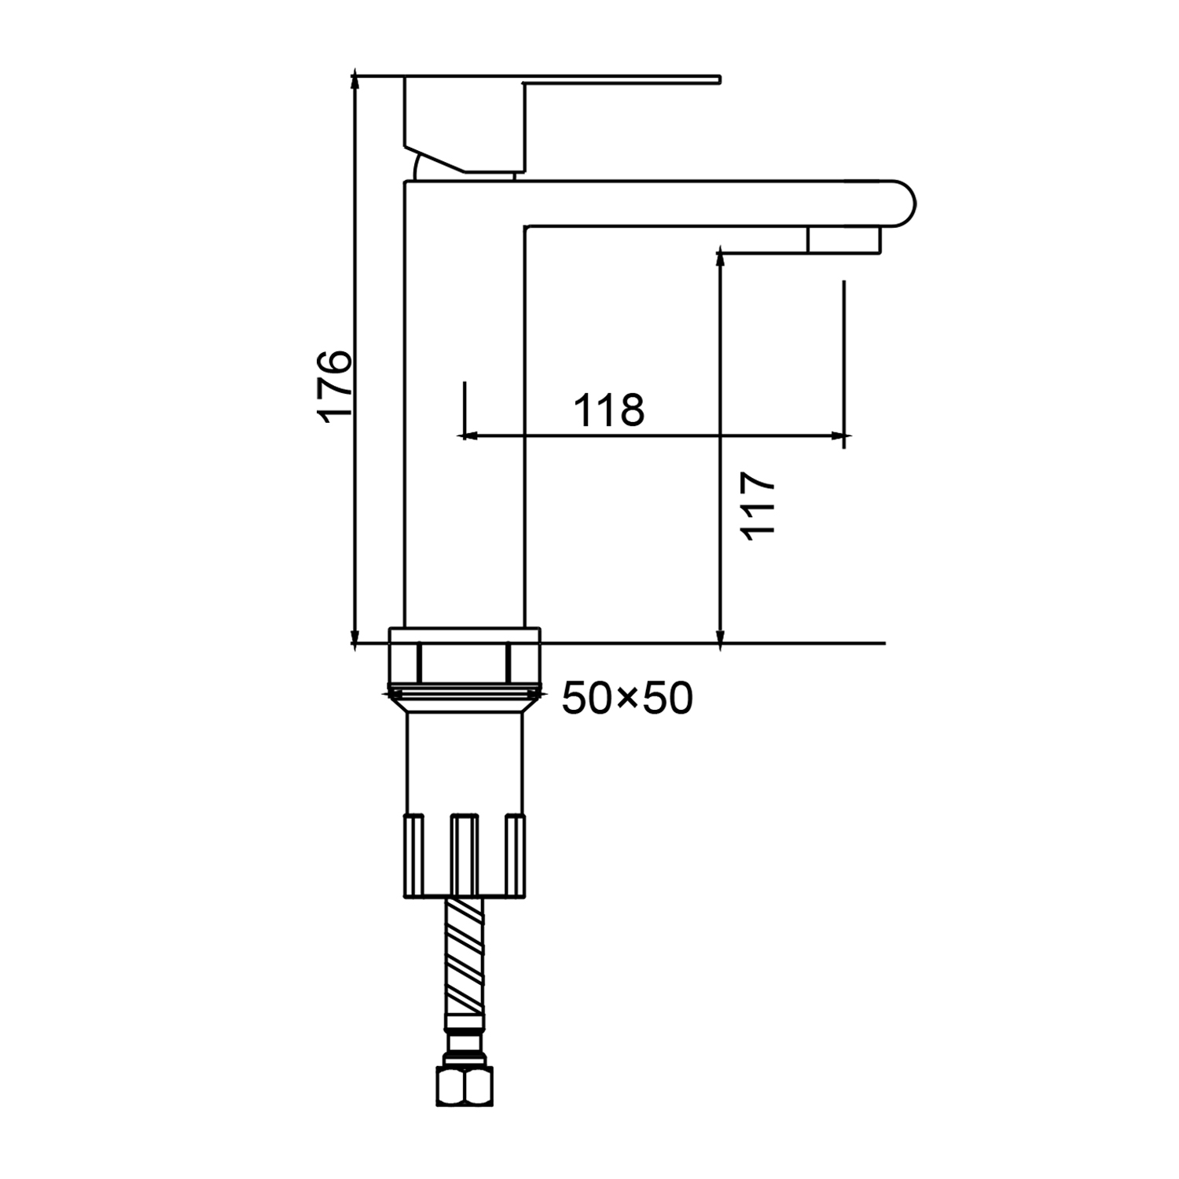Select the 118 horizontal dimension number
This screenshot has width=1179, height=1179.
coord(609,409)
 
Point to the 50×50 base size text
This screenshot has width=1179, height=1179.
coord(626,698)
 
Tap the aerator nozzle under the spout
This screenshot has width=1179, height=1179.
coord(843,239)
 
